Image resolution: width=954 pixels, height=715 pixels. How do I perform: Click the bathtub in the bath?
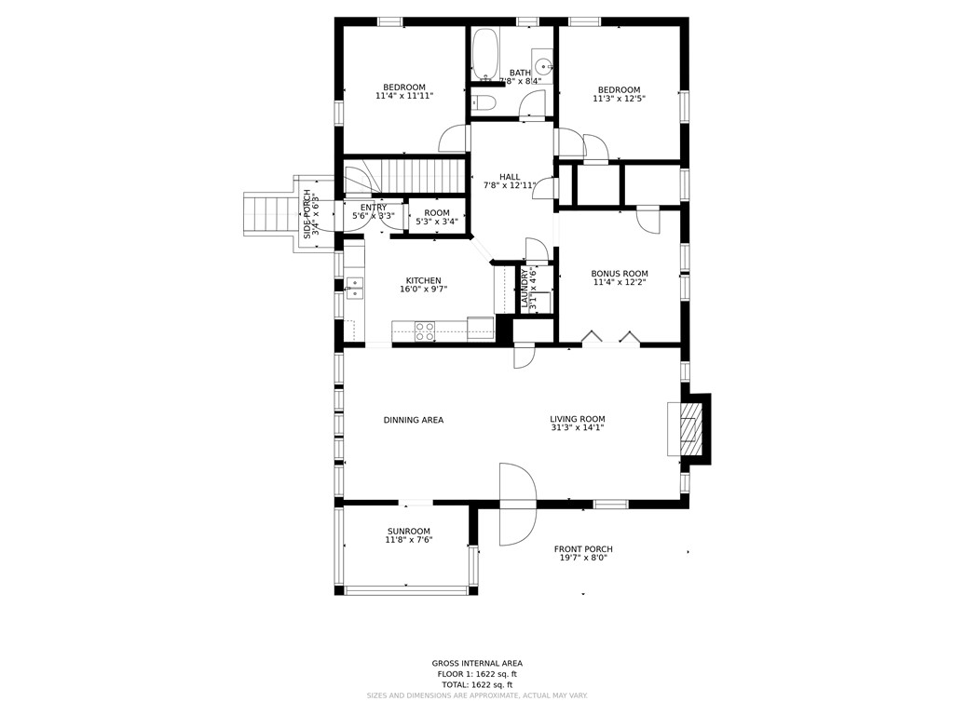[x=484, y=55]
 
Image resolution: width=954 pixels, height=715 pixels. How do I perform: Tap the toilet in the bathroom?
[x=483, y=102]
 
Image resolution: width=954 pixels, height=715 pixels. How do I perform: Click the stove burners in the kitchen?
[x=425, y=331]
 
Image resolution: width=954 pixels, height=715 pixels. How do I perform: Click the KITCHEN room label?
[x=423, y=280]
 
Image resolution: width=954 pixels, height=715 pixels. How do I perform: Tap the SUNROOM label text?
[x=409, y=532]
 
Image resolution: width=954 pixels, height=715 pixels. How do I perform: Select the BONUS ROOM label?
[x=620, y=274]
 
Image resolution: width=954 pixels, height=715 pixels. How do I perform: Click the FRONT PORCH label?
[x=583, y=549]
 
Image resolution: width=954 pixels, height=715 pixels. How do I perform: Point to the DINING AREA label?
[x=414, y=420]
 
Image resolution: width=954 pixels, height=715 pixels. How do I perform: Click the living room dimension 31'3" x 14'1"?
[x=577, y=428]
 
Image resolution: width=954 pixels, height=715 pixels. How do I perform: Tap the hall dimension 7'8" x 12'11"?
[x=510, y=186]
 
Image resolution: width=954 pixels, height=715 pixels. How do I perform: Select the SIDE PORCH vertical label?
[x=307, y=214]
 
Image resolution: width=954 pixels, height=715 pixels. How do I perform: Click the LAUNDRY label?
[x=525, y=289]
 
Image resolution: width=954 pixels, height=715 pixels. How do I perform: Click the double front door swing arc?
[x=518, y=504]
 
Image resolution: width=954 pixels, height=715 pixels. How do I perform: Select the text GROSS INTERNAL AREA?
[x=477, y=664]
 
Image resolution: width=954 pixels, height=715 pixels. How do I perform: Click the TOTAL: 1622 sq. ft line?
[x=477, y=684]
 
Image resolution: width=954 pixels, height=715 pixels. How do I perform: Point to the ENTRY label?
[x=374, y=208]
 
